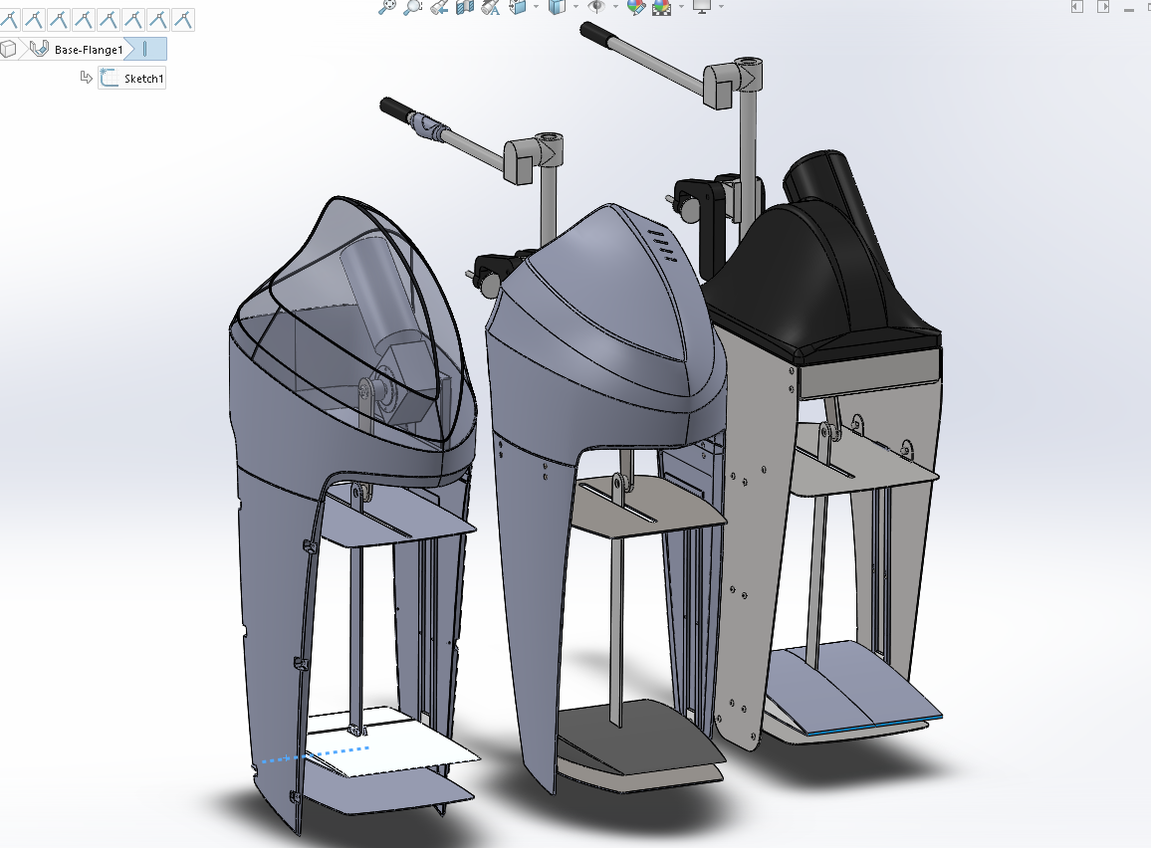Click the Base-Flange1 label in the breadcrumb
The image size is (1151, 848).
[89, 50]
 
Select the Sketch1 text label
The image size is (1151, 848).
[143, 79]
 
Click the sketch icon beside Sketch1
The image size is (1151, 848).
[109, 78]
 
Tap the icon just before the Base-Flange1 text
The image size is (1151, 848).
[39, 49]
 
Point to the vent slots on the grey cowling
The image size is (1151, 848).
[658, 245]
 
